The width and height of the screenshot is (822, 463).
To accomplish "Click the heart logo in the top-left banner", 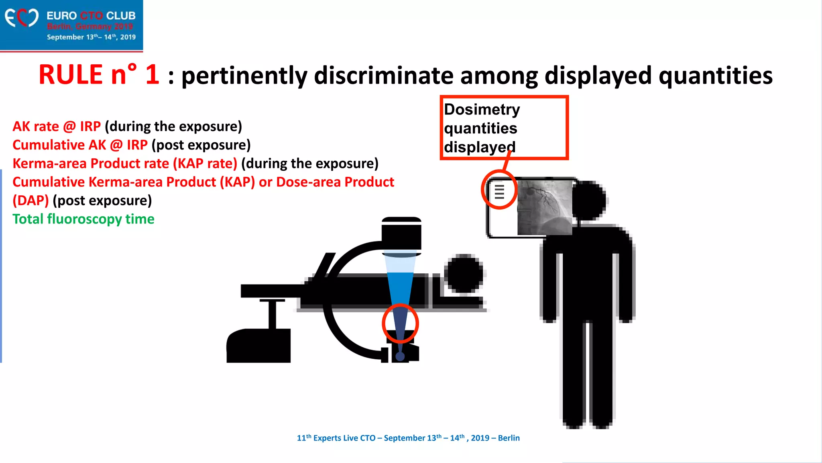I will pyautogui.click(x=22, y=18).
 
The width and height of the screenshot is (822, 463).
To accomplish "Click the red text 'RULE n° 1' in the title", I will pyautogui.click(x=99, y=75).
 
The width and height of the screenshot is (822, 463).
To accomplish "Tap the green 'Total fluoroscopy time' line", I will pyautogui.click(x=83, y=219).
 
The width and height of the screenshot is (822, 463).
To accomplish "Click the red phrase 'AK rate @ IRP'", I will pyautogui.click(x=57, y=127).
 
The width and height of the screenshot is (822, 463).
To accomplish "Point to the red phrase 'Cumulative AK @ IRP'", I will pyautogui.click(x=80, y=145).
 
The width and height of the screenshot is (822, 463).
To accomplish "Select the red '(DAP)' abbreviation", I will pyautogui.click(x=31, y=201).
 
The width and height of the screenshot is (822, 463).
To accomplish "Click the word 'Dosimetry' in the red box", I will pyautogui.click(x=482, y=110).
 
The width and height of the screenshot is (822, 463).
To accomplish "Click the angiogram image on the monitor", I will pyautogui.click(x=545, y=207).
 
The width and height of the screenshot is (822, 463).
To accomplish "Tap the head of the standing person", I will pyautogui.click(x=588, y=201).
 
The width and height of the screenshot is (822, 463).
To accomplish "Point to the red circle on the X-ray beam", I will pyautogui.click(x=400, y=324).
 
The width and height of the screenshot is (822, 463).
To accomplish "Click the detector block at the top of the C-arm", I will pyautogui.click(x=401, y=235).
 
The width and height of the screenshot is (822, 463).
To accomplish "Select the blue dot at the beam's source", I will pyautogui.click(x=400, y=356).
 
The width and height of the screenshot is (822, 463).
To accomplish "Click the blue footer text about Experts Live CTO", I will pyautogui.click(x=408, y=438).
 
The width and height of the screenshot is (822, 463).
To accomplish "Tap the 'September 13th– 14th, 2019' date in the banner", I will pyautogui.click(x=91, y=37).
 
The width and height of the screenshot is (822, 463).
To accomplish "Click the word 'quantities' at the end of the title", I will pyautogui.click(x=715, y=76).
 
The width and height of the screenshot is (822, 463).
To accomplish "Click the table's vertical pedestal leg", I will pyautogui.click(x=273, y=315).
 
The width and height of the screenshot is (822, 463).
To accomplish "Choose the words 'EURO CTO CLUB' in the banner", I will pyautogui.click(x=91, y=16).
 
